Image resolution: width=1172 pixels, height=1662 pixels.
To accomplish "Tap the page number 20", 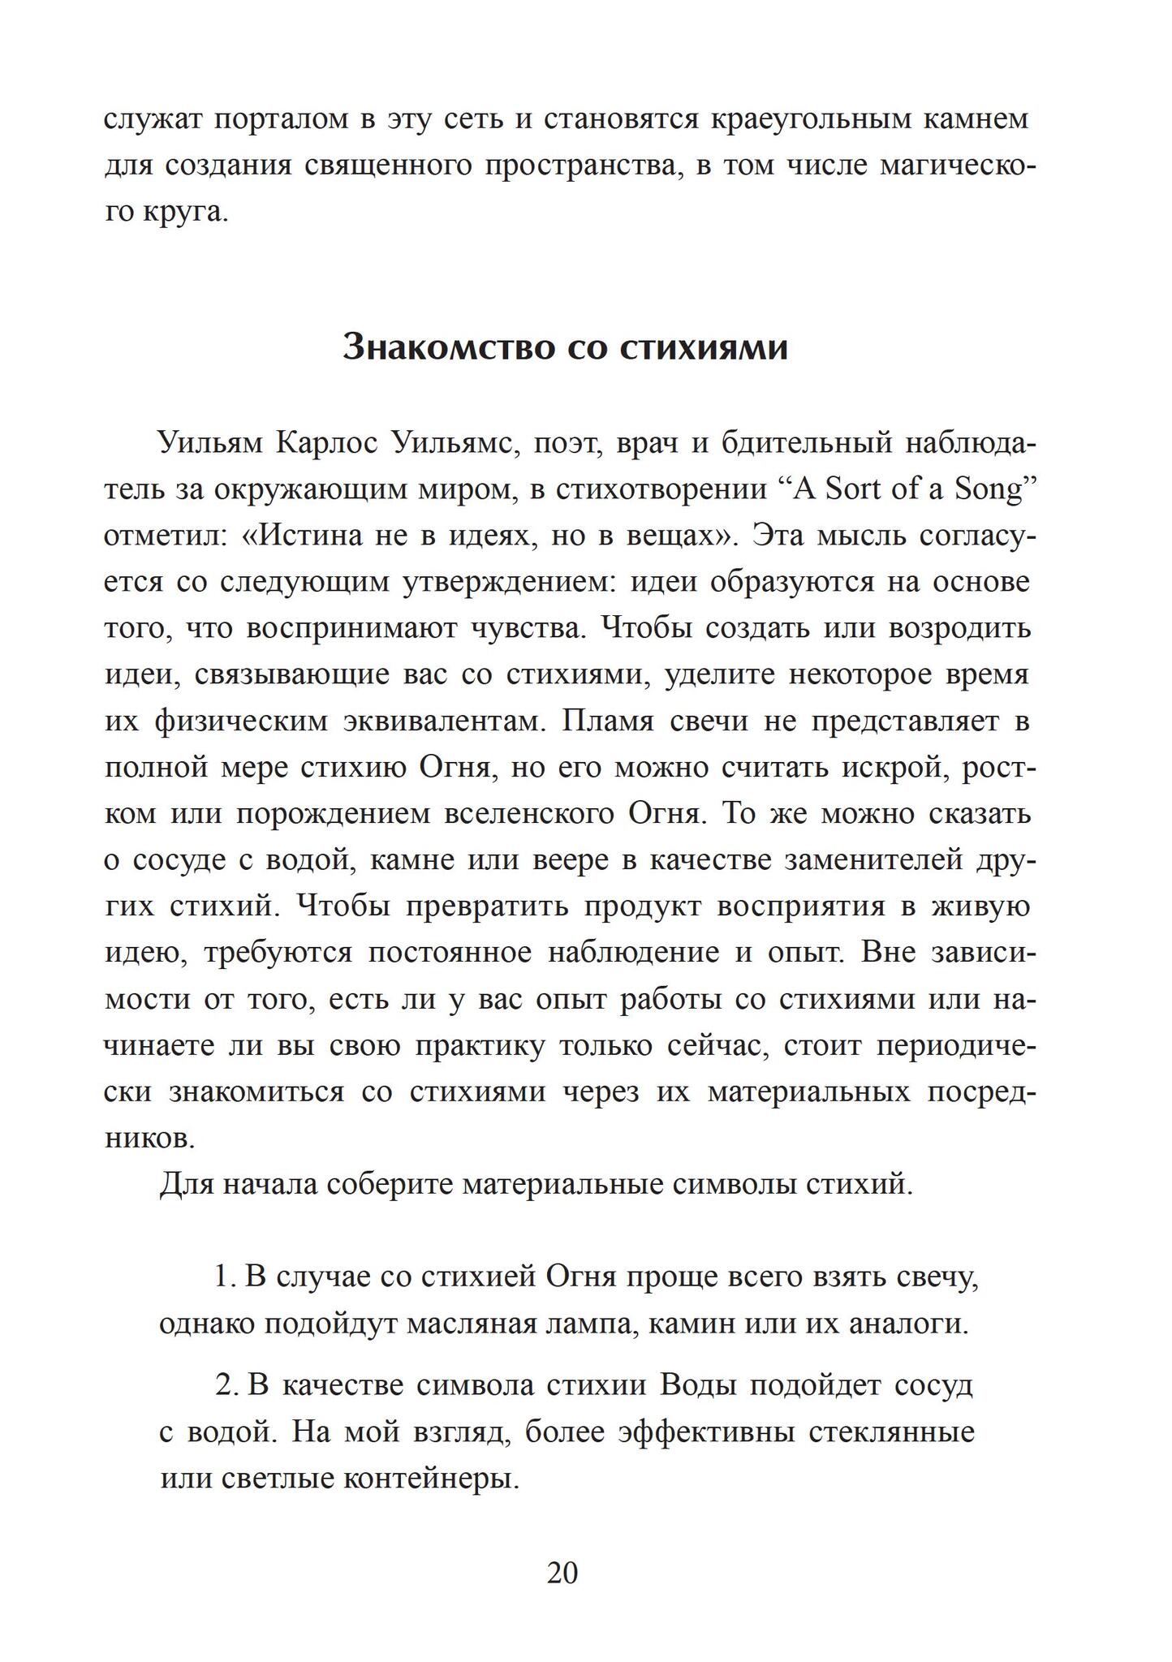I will coord(562,1574).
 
